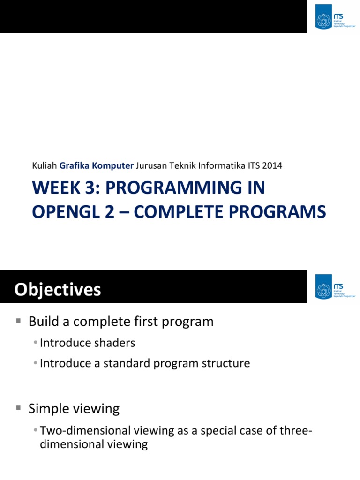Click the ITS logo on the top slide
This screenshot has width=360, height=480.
[333, 17]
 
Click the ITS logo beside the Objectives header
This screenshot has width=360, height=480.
[333, 287]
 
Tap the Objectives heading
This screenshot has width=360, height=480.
[57, 290]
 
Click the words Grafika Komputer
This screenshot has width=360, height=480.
[97, 165]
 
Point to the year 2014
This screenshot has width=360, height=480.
[273, 165]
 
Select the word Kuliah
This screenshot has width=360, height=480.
[44, 165]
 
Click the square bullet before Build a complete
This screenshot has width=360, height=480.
[19, 321]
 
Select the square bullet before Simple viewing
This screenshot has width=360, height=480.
[19, 408]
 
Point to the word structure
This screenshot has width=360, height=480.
[227, 363]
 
